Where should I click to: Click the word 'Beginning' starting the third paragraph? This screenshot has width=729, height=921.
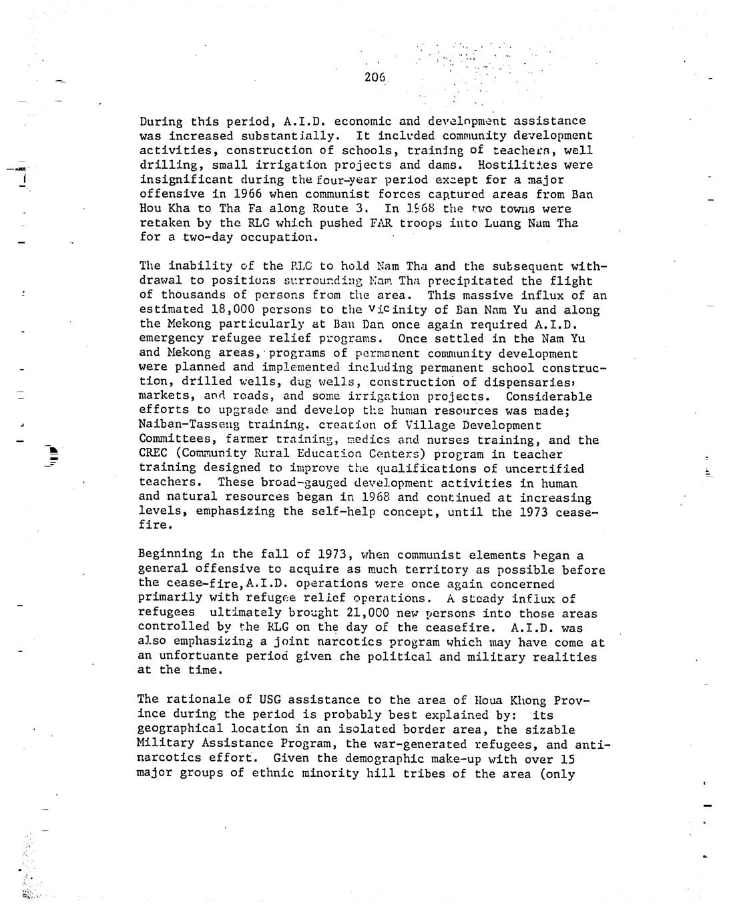pos(170,555)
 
